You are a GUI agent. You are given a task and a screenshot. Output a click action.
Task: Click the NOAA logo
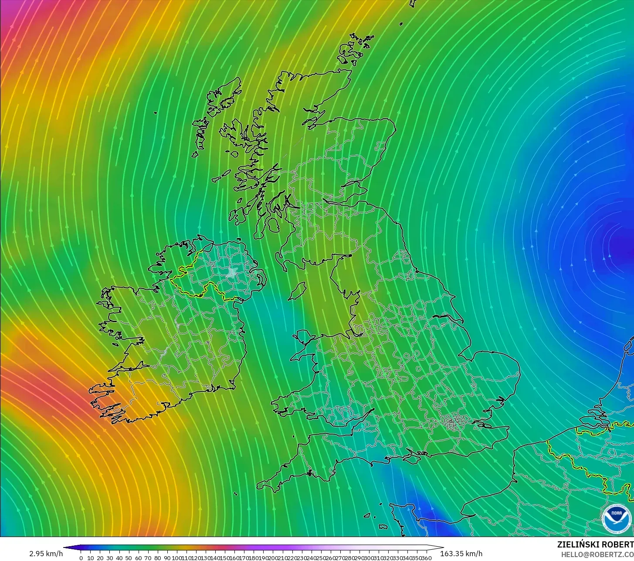click(616, 519)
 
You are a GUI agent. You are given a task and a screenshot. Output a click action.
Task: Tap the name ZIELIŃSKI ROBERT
click(595, 544)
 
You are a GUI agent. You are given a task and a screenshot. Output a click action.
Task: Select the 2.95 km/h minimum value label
click(46, 554)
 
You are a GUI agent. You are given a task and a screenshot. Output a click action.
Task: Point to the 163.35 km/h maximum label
click(461, 554)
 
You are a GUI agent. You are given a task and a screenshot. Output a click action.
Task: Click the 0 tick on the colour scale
click(81, 558)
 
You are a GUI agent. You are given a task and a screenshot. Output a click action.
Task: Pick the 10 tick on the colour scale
click(91, 558)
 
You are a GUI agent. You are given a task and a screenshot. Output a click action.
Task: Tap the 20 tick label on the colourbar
click(100, 558)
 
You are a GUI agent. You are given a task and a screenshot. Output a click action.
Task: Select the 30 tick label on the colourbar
click(110, 558)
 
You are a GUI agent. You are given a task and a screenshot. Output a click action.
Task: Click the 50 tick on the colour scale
click(129, 558)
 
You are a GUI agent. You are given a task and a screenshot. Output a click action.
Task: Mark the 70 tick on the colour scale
click(148, 558)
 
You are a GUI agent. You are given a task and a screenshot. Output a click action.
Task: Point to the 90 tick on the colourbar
click(167, 558)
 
